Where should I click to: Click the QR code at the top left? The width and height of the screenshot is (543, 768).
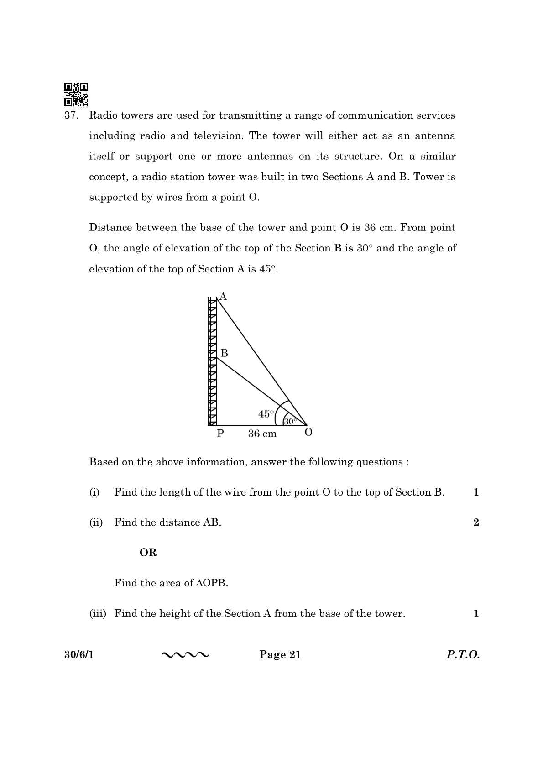pos(75,94)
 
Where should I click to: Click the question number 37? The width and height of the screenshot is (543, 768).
pos(71,115)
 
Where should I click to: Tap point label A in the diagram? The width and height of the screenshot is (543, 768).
pos(223,297)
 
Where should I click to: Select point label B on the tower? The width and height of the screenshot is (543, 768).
pos(224,353)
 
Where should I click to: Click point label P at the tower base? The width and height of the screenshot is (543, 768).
pos(220,434)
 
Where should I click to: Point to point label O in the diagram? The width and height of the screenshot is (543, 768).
pos(308,433)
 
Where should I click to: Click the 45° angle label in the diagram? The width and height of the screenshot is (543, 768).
pos(266,414)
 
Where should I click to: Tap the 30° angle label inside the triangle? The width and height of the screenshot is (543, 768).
pos(290,422)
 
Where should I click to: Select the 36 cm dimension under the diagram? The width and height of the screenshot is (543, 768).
pos(262,434)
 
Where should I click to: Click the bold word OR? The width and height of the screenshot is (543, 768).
pos(148,553)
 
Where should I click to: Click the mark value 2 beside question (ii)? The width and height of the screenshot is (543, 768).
pos(476,522)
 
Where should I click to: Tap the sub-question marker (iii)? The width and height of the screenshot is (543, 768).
pos(97,614)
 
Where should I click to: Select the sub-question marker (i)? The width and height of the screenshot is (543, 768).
pos(94,492)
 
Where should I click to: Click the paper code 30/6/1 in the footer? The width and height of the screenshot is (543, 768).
pos(78,655)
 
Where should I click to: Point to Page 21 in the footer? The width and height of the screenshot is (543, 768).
pos(280,655)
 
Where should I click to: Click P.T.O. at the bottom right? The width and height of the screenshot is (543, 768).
pos(463,655)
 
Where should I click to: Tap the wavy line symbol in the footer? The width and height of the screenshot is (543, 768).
pos(185,655)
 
